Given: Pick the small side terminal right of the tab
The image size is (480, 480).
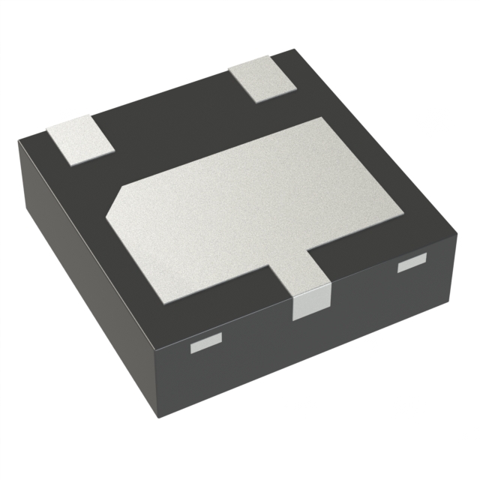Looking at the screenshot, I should point(411,263).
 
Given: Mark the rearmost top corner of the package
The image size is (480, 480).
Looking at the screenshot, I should point(295,51).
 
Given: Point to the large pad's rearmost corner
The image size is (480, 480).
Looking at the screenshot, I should point(325,118).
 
